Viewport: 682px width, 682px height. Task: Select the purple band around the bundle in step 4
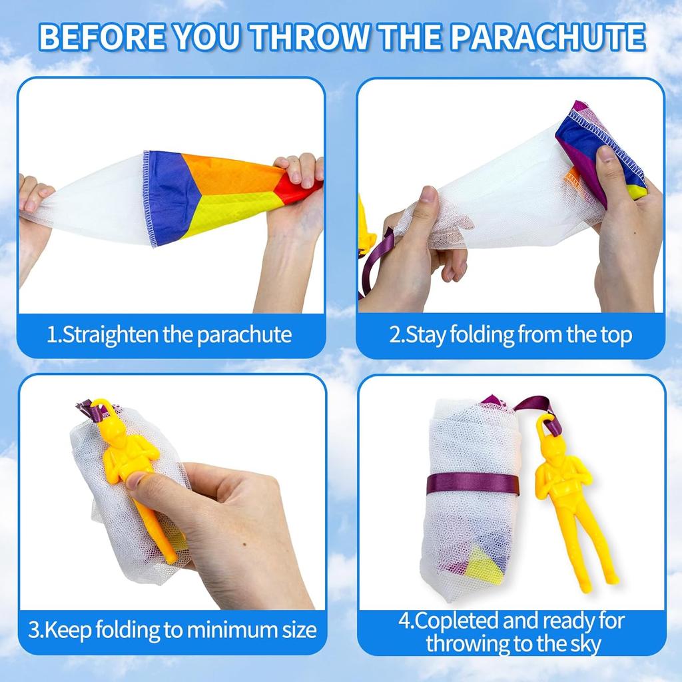tap(473, 484)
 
